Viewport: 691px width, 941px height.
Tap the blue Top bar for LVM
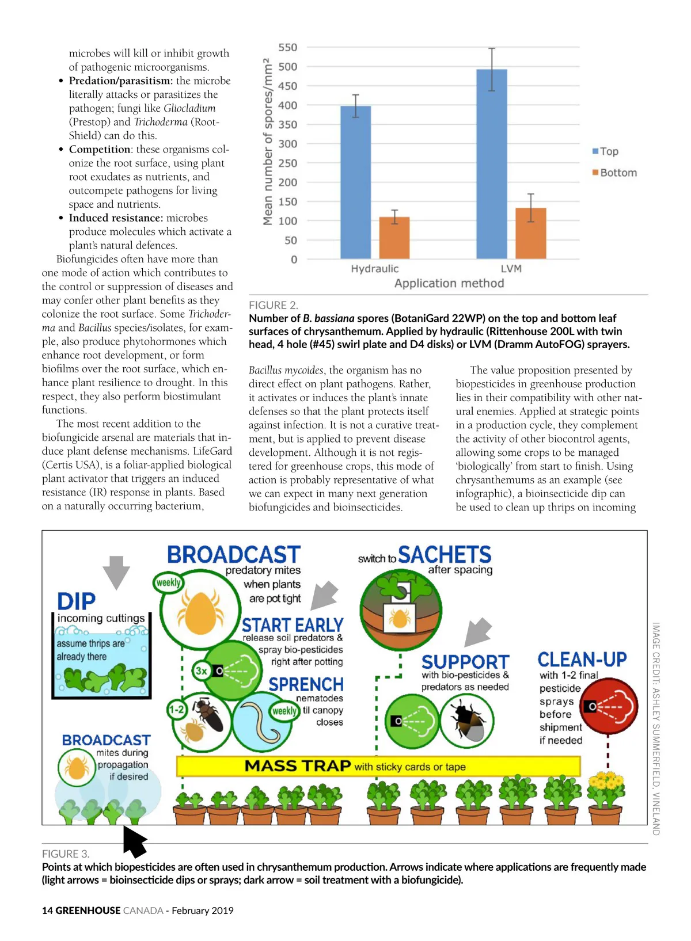pos(492,164)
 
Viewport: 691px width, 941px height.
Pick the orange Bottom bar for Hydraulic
pos(394,238)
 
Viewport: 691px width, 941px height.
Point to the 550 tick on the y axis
pos(288,48)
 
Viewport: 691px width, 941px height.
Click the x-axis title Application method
pos(449,283)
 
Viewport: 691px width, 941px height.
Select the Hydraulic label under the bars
pos(374,269)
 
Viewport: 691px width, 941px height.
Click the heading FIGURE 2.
pos(274,305)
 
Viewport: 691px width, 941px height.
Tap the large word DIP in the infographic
pos(77,601)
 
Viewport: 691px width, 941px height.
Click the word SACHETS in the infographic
pos(444,555)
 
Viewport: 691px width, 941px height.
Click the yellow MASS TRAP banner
pos(378,766)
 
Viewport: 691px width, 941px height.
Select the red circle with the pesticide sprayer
pos(609,706)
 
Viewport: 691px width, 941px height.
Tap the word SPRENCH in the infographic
pos(306,684)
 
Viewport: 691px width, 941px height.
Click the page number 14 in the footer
pos(47,910)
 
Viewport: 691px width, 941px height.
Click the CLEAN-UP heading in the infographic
pos(582,660)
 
